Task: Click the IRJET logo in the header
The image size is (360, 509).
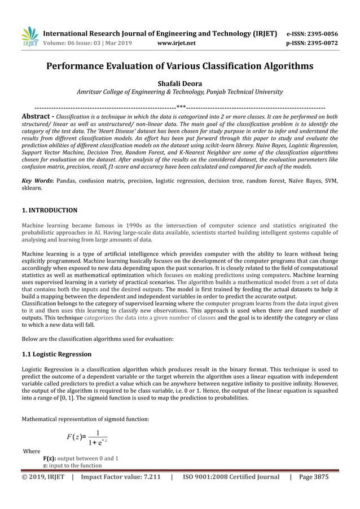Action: tap(29, 36)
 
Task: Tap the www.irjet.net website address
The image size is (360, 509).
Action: tap(177, 42)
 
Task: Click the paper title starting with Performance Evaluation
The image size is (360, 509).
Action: tap(180, 67)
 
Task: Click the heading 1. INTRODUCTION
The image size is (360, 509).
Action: tap(49, 210)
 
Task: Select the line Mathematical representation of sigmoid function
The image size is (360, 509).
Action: tap(85, 419)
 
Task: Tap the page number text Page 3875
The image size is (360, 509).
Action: tap(313, 477)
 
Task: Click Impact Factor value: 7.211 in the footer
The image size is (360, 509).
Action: tap(121, 477)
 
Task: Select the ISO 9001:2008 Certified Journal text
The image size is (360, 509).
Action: tap(231, 477)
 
